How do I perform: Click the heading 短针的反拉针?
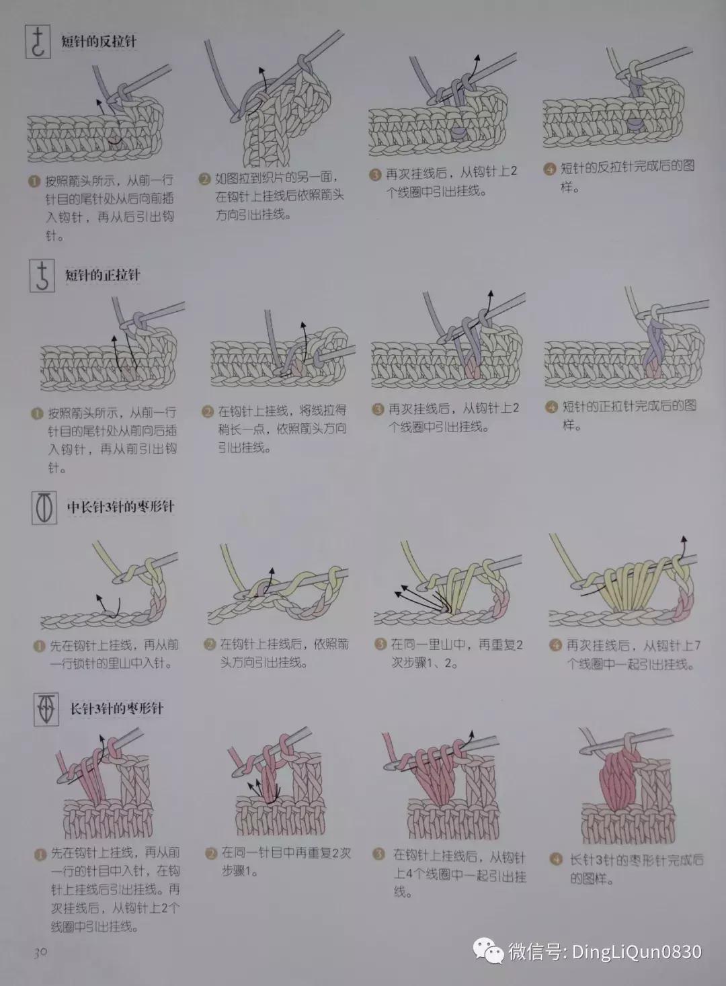[98, 41]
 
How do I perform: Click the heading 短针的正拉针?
[102, 274]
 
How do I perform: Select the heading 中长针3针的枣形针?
[120, 506]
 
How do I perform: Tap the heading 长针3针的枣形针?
[116, 708]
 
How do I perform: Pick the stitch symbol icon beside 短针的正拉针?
[42, 276]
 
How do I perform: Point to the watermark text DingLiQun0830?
[636, 952]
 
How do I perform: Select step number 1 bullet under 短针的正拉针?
[37, 413]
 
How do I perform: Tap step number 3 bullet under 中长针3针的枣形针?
[380, 645]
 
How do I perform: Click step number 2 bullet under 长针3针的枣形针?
[210, 854]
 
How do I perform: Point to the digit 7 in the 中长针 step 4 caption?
[696, 645]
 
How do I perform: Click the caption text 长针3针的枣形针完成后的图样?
[635, 869]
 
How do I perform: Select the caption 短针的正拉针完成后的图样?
[628, 415]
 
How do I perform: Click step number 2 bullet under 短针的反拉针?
[204, 179]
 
